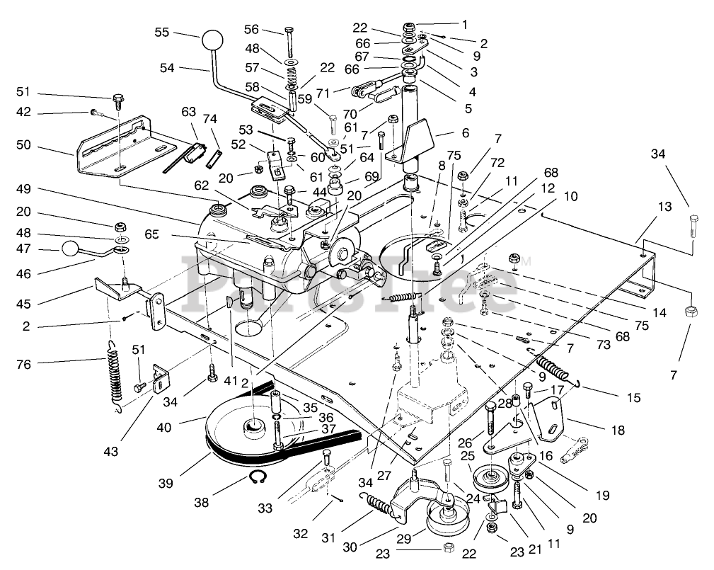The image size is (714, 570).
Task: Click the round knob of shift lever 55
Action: (x=212, y=41)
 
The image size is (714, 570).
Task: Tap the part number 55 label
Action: (x=161, y=33)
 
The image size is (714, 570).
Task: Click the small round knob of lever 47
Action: (x=70, y=249)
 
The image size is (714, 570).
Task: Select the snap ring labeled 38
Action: (x=258, y=478)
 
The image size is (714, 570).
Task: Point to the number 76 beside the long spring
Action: (x=23, y=365)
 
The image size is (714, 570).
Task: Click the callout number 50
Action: (x=23, y=145)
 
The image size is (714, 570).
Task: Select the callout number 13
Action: (x=665, y=206)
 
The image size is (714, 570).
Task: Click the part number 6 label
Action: (x=465, y=133)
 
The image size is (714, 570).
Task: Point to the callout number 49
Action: (x=23, y=189)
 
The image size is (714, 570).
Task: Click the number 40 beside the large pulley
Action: (x=164, y=428)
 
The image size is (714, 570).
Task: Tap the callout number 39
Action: (x=166, y=484)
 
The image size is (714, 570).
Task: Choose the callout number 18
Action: (x=618, y=430)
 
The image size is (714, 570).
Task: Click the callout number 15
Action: (x=633, y=398)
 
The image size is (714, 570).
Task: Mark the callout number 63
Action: (x=188, y=112)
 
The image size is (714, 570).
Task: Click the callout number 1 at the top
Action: (x=464, y=25)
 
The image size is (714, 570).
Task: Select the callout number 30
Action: (x=350, y=547)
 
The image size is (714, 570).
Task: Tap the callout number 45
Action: (x=23, y=304)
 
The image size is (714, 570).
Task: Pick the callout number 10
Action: (x=570, y=196)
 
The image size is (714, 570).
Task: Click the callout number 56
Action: (x=251, y=30)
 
